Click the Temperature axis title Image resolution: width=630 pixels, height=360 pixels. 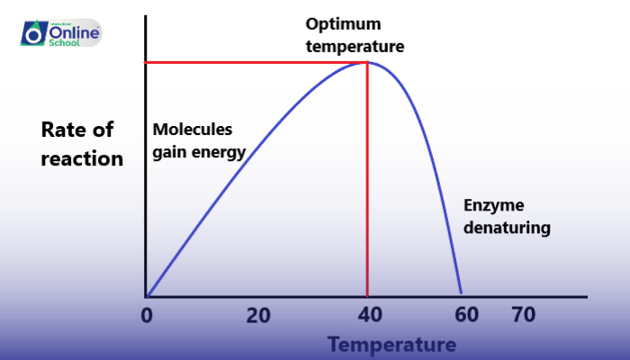pos(391,345)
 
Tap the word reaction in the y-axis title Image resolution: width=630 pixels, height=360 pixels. pos(83,159)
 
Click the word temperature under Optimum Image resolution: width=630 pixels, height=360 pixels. pos(355,45)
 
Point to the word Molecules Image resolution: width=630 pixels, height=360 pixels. pos(193,130)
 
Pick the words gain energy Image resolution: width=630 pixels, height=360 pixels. pos(198,152)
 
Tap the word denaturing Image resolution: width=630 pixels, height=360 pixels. pos(506,229)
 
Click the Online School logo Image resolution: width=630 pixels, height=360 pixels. pos(60,33)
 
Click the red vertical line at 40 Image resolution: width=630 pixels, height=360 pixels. pos(367,180)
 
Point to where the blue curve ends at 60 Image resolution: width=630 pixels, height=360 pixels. pos(461,293)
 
